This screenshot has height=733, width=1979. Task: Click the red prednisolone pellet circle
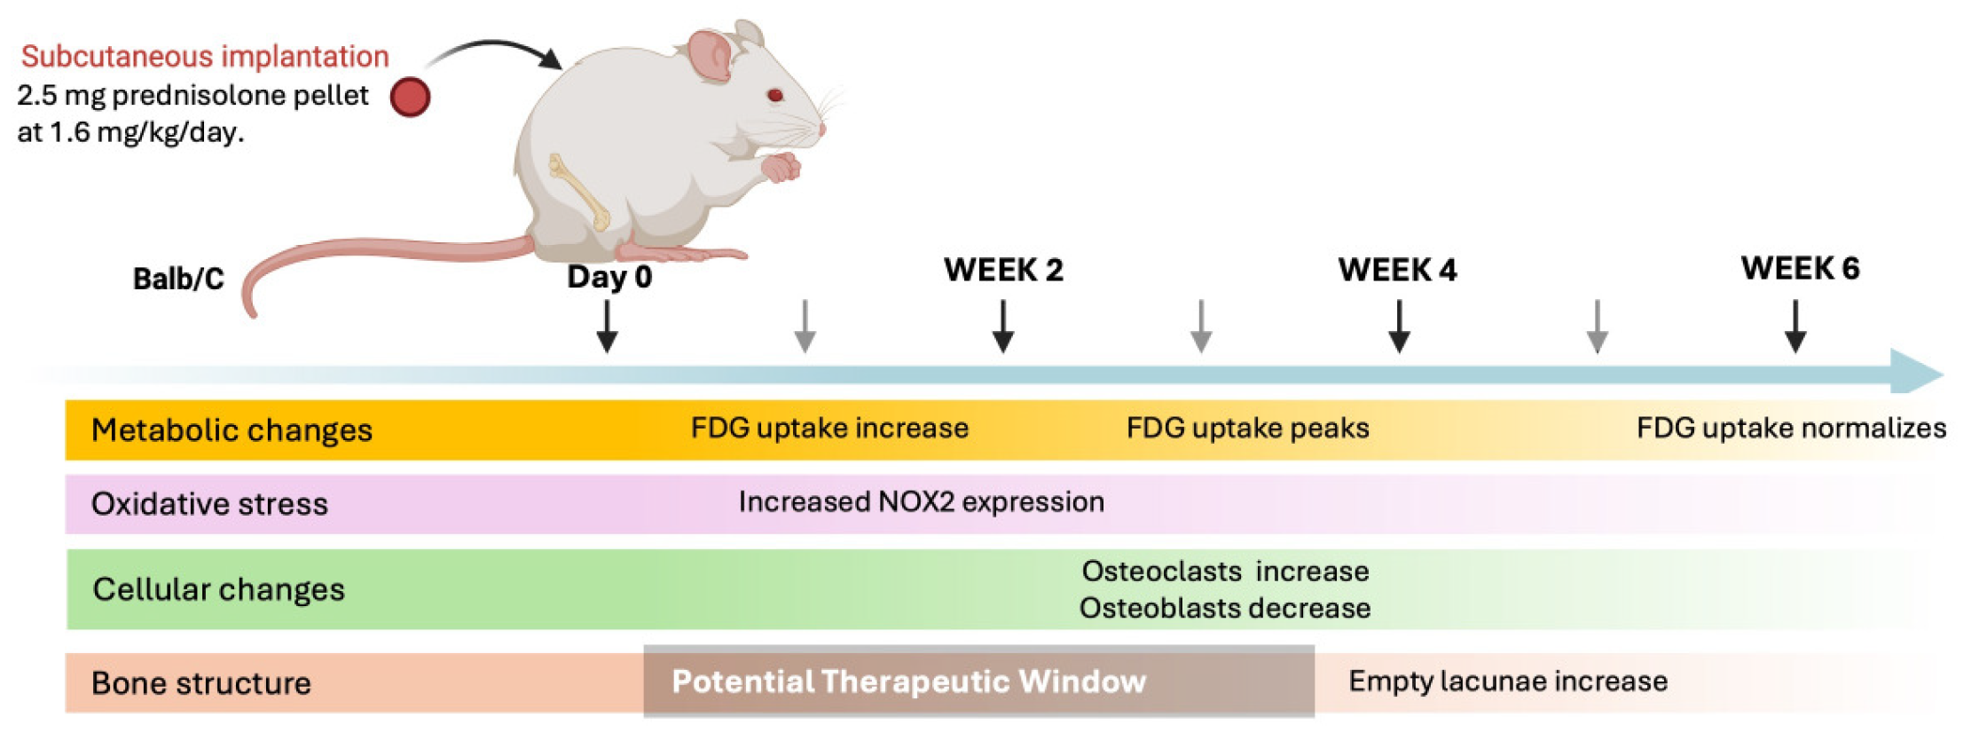pos(410,97)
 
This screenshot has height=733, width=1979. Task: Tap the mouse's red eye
pos(774,95)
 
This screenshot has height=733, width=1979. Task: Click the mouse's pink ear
pos(711,55)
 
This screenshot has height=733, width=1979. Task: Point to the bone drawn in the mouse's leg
pos(579,190)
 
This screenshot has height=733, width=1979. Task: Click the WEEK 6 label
pos(1800,268)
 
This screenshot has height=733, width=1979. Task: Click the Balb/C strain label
pos(178,279)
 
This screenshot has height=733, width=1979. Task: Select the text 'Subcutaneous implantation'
pos(205,56)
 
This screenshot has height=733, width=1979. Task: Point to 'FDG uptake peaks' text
pos(1247,428)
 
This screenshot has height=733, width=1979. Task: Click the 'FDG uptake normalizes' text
pos(1791,428)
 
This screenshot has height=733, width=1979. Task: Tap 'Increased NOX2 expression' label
pos(921,502)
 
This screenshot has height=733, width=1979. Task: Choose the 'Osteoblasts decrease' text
pos(1224,609)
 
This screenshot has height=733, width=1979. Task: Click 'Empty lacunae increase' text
pos(1507,682)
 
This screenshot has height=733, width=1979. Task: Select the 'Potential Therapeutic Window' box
pos(978,682)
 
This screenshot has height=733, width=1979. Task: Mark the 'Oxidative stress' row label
pos(209,504)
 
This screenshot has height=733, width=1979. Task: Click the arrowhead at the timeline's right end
pos(1916,372)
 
